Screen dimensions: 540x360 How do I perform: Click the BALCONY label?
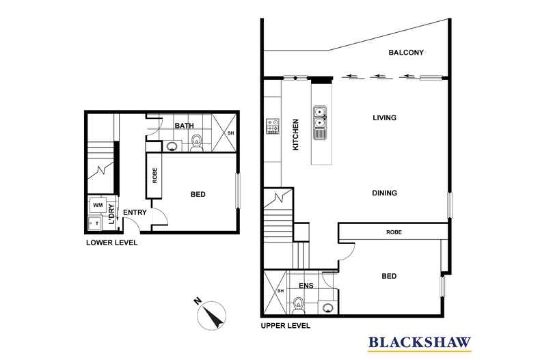[x=406, y=53]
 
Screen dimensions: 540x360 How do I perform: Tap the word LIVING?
[x=384, y=117]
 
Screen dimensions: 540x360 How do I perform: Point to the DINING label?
[x=384, y=193]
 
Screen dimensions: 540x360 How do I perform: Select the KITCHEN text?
[x=295, y=135]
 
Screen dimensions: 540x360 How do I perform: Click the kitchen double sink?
[x=320, y=122]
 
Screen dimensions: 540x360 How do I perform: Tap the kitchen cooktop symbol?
[x=273, y=126]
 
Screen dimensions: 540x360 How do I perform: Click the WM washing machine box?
[x=98, y=206]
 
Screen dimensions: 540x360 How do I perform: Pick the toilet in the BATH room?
[x=197, y=143]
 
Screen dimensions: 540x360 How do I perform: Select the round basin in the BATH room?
[x=172, y=147]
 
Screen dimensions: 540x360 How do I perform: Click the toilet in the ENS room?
[x=298, y=305]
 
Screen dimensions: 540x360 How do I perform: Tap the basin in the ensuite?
[x=327, y=307]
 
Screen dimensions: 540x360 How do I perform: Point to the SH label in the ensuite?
[x=281, y=291]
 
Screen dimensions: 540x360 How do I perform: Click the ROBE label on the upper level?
[x=394, y=232]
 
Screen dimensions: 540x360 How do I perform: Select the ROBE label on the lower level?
[x=154, y=176]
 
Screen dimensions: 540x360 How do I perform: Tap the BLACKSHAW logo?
[x=420, y=343]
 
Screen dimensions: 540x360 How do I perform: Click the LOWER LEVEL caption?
[x=111, y=243]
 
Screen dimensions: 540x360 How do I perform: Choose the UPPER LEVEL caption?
[x=286, y=326]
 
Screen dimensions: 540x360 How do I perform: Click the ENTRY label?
[x=135, y=212]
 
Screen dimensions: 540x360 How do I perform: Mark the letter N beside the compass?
[x=198, y=301]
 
